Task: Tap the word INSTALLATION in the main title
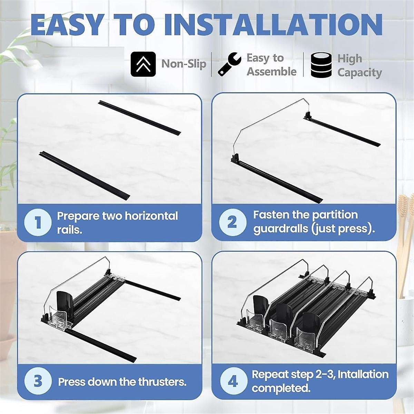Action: tap(274, 25)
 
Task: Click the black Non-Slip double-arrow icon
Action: tap(143, 64)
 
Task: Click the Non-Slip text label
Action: tap(184, 64)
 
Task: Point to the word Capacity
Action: tap(359, 73)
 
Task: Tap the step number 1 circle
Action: tap(38, 223)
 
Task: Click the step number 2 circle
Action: tap(232, 223)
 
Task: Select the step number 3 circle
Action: tap(38, 382)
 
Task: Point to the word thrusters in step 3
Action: tap(162, 382)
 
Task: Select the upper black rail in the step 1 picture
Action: tap(140, 117)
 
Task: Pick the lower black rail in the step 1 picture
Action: tap(85, 176)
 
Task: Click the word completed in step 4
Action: tap(281, 388)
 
